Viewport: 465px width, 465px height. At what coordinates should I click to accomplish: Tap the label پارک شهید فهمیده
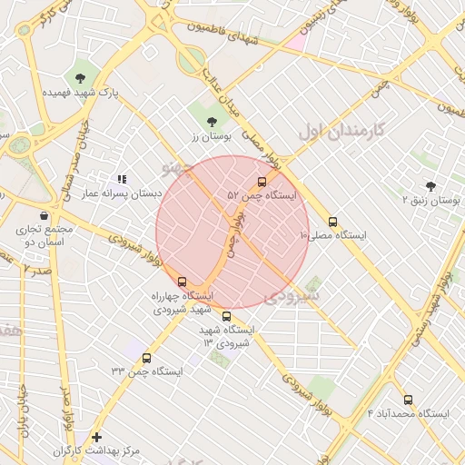tap(81, 93)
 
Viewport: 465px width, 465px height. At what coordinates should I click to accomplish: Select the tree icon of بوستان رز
tap(212, 120)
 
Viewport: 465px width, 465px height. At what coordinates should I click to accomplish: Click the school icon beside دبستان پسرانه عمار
tap(122, 179)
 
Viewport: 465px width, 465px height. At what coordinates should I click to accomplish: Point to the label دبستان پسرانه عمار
tap(122, 193)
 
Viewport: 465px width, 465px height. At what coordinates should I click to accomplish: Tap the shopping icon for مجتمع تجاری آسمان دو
tap(19, 215)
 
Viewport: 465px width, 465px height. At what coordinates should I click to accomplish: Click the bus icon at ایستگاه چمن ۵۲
tap(262, 181)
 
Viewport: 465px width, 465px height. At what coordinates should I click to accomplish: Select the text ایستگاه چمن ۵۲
tap(262, 195)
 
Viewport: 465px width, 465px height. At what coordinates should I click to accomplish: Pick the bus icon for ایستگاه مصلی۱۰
tap(332, 221)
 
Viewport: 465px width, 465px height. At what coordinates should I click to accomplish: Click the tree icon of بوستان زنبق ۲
tap(430, 183)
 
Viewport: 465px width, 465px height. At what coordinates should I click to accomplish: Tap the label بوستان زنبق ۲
tap(431, 198)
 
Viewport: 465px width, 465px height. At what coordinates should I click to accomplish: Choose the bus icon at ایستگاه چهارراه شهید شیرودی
tap(183, 282)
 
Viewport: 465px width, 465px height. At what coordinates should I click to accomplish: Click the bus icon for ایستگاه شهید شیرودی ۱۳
tap(226, 316)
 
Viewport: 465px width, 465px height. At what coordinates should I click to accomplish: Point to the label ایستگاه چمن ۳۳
tap(146, 371)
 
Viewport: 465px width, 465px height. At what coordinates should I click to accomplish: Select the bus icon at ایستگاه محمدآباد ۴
tap(407, 399)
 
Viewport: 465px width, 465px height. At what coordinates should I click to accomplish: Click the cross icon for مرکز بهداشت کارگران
tap(96, 437)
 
